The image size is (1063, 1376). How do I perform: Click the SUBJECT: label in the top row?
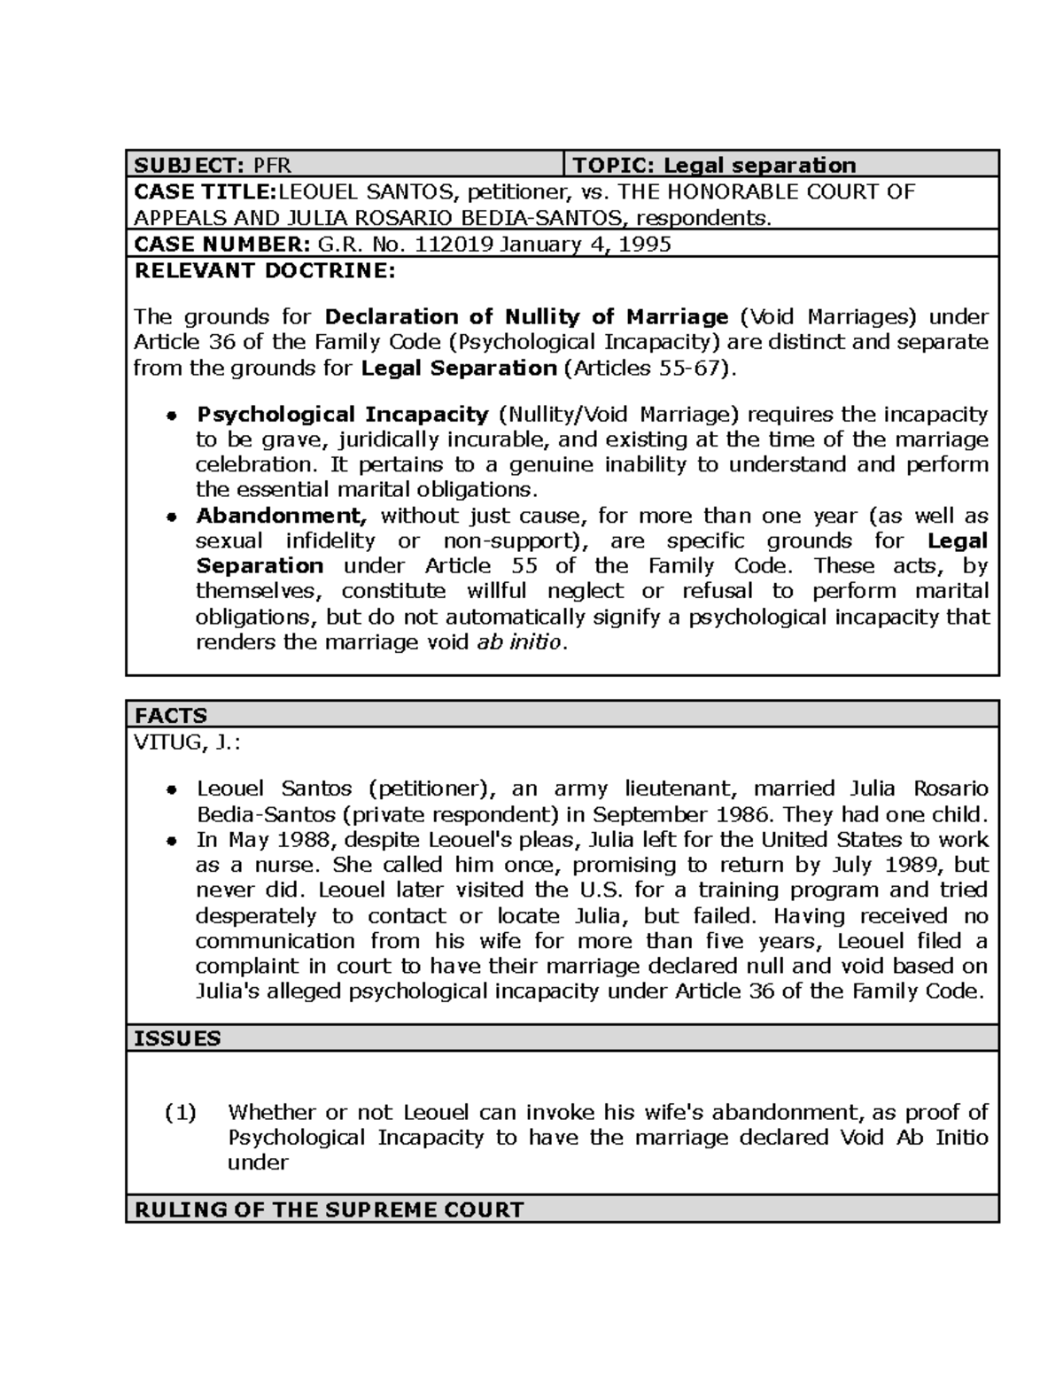[190, 165]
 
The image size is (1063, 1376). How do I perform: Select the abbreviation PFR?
[272, 165]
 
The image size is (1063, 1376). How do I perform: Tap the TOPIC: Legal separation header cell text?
[714, 165]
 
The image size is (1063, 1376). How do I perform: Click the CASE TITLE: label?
[205, 191]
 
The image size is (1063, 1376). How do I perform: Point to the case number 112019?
[454, 245]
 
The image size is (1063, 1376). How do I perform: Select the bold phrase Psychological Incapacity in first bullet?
[342, 414]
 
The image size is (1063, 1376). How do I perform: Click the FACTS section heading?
[170, 715]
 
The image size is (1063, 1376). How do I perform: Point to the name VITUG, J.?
[187, 742]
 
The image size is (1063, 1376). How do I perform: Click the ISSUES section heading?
[177, 1038]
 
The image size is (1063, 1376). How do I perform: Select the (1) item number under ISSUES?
[181, 1112]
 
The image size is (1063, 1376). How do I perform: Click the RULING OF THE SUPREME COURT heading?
[329, 1209]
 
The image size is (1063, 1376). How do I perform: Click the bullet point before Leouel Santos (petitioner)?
[174, 789]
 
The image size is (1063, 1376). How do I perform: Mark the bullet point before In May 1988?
[174, 840]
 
